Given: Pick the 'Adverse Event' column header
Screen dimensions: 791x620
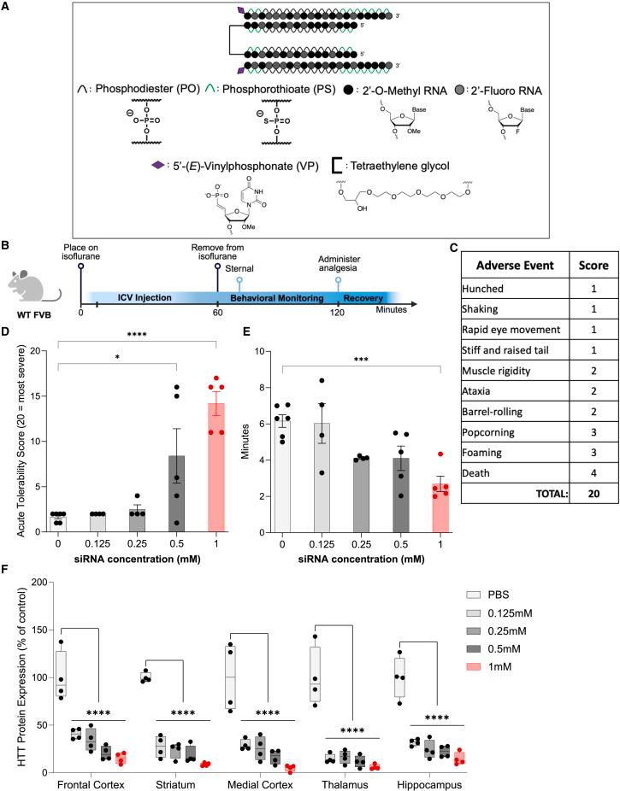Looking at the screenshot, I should [x=505, y=264].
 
